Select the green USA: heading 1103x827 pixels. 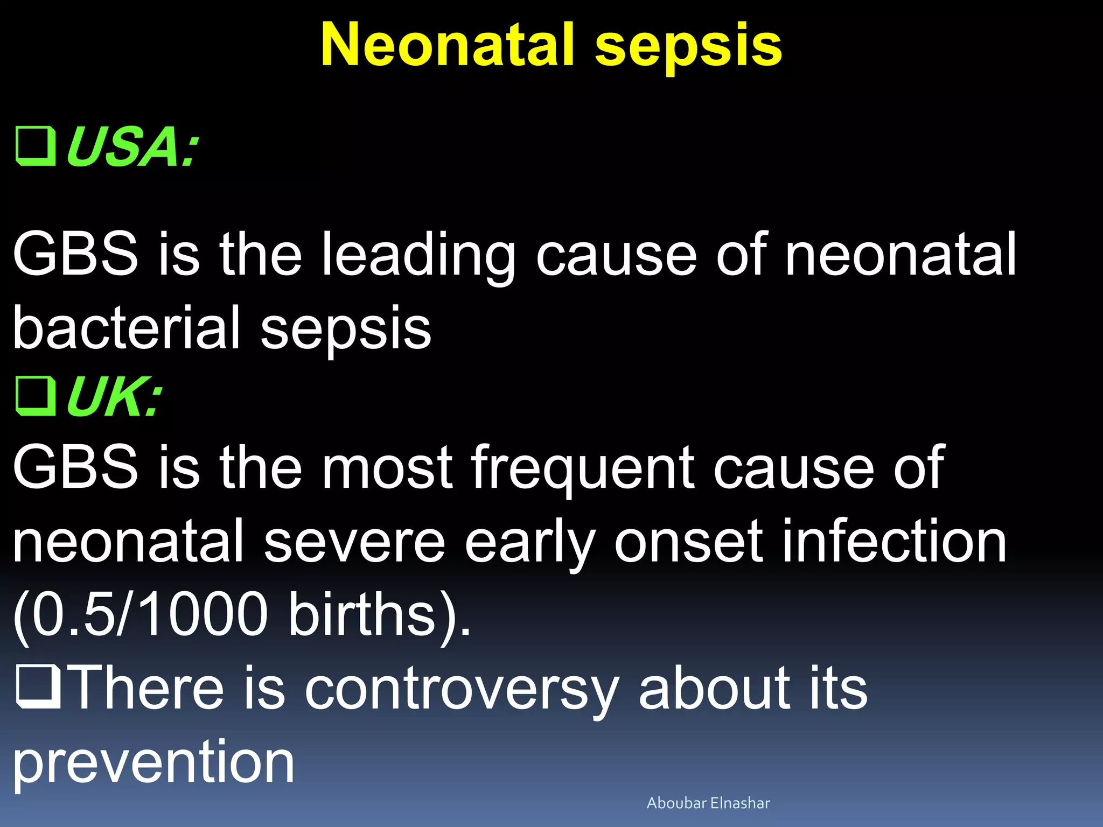pyautogui.click(x=132, y=146)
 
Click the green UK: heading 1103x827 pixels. pyautogui.click(x=114, y=397)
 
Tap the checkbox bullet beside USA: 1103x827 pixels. pyautogui.click(x=36, y=146)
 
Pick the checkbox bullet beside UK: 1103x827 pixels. pyautogui.click(x=36, y=397)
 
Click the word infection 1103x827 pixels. pyautogui.click(x=894, y=541)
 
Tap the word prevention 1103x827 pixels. pyautogui.click(x=153, y=761)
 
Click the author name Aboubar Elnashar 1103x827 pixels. pyautogui.click(x=708, y=803)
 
